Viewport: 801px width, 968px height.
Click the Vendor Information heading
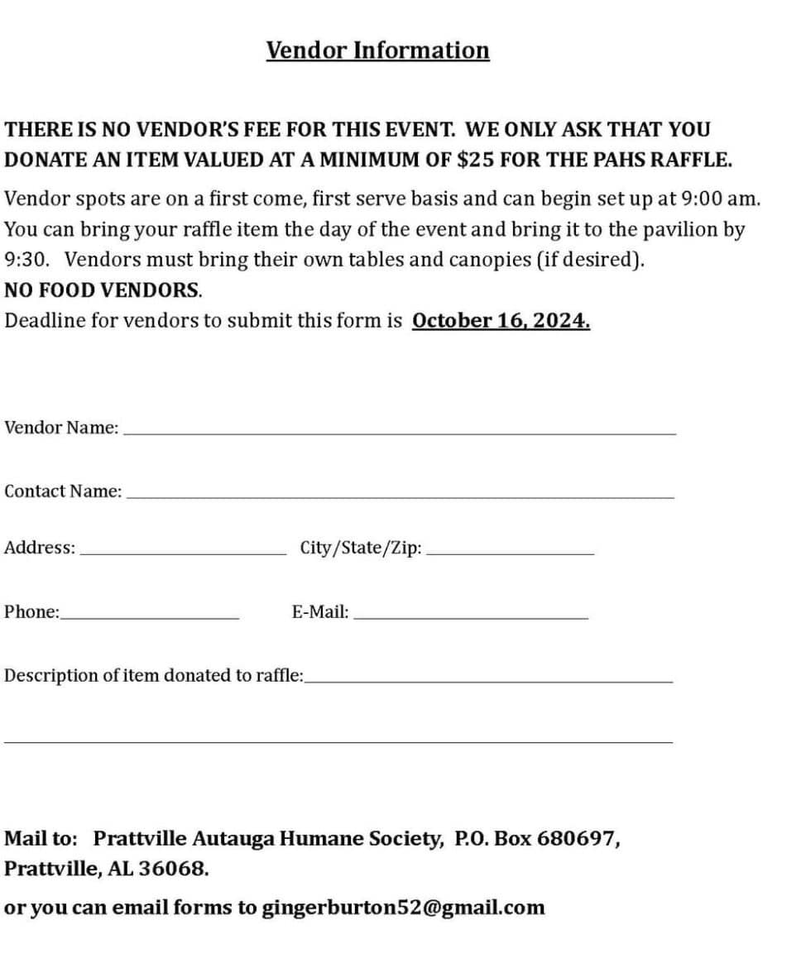[377, 50]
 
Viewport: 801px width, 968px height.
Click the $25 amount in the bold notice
[476, 160]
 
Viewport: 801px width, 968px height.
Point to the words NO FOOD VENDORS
[103, 290]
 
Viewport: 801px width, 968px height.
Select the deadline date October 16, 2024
[501, 320]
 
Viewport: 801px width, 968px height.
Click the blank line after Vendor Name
[399, 432]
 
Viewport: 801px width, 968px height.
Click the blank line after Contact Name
[400, 496]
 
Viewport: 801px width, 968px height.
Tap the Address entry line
[182, 553]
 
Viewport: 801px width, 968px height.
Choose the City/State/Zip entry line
[511, 553]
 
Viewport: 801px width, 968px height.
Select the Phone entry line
[150, 617]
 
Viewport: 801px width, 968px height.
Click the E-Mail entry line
[471, 617]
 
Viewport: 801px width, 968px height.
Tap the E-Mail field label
[319, 613]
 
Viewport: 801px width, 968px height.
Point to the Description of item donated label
[154, 675]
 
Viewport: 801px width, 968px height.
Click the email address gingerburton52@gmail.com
[403, 908]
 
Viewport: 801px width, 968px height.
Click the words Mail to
[41, 838]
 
